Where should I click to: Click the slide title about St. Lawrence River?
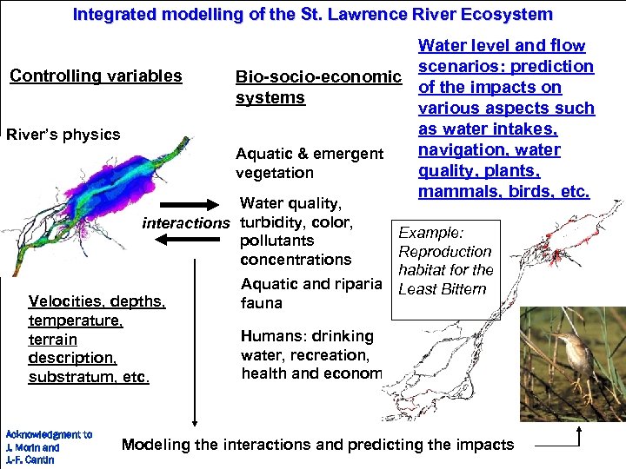click(x=312, y=15)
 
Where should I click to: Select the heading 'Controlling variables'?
click(x=96, y=76)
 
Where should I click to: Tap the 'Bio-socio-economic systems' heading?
click(x=317, y=88)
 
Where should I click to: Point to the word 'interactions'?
click(x=185, y=223)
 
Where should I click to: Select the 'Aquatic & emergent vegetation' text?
click(x=309, y=163)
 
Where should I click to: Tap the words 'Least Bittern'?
click(x=442, y=289)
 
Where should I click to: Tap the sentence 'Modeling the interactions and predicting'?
click(x=317, y=445)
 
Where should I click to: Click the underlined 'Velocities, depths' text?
click(x=97, y=301)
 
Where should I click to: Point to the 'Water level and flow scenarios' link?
click(x=505, y=118)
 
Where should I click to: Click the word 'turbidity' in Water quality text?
click(x=269, y=221)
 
